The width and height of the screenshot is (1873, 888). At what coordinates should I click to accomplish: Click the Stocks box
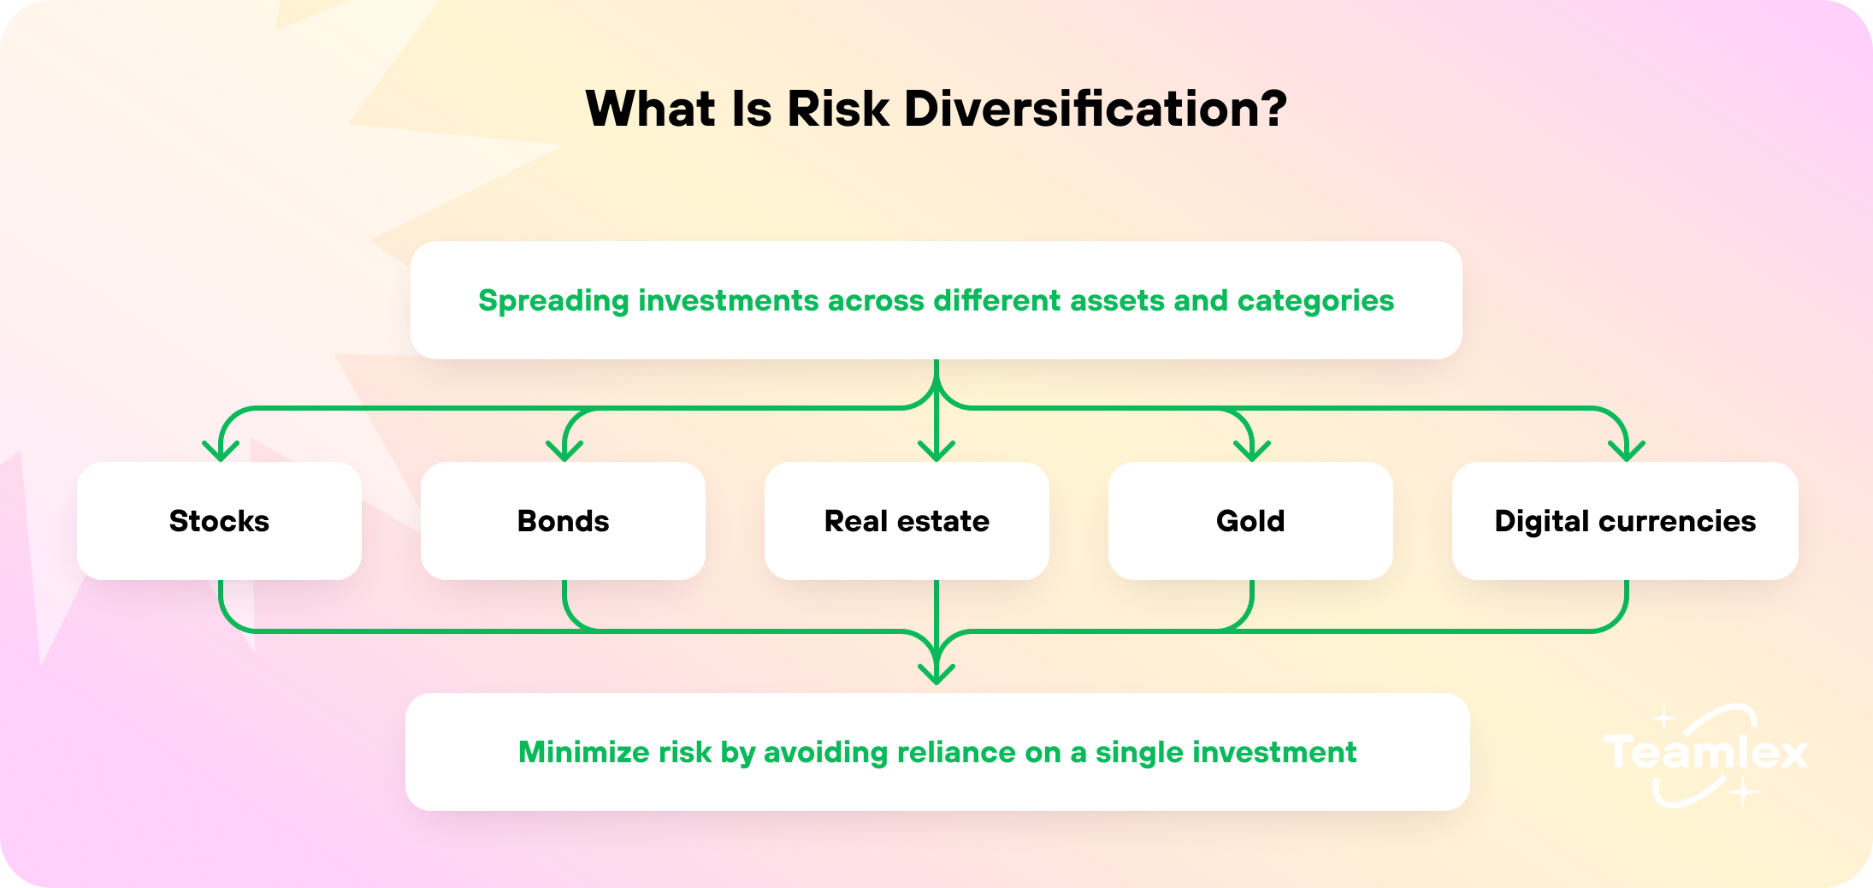pos(219,521)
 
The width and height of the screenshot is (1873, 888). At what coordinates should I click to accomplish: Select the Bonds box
pos(563,521)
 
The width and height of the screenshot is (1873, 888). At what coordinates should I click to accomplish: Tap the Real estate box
pos(907,521)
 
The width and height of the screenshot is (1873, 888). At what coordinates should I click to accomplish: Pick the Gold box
pos(1250,521)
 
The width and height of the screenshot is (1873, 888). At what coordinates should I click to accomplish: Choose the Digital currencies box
pos(1625,521)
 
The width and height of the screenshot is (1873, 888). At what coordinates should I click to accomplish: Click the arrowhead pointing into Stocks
pos(221,451)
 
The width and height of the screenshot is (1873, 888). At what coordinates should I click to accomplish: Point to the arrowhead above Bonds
pos(564,451)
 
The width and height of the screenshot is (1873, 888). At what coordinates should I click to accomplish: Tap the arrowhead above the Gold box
pos(1252,451)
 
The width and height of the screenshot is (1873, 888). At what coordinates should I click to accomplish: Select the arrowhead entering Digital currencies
pos(1627,451)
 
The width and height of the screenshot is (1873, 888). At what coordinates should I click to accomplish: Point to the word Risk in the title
pos(838,109)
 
